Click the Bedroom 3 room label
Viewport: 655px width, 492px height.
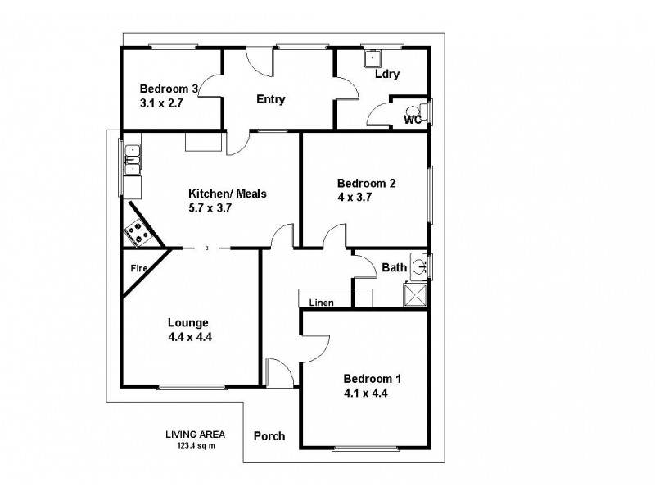(169, 89)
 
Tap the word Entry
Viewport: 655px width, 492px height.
(270, 100)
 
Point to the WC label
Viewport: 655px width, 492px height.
(413, 120)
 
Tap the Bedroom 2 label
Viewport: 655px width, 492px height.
(366, 184)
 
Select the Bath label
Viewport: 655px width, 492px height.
(394, 267)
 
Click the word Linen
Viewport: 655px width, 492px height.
(320, 303)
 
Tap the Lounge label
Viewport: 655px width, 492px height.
(188, 322)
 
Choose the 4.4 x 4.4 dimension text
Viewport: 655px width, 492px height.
(188, 336)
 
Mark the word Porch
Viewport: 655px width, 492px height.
(269, 436)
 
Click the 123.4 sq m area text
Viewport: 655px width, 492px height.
(195, 445)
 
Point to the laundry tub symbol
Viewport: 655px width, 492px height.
(373, 57)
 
